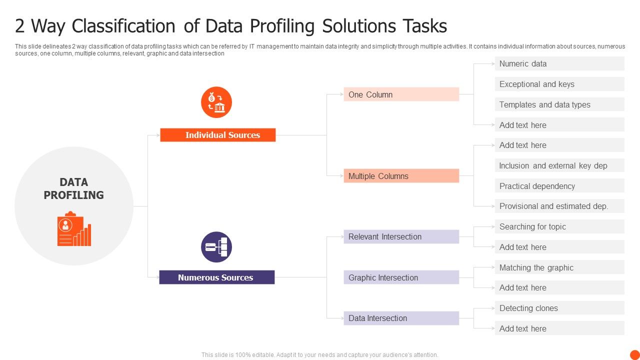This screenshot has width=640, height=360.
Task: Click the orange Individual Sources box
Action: (217, 135)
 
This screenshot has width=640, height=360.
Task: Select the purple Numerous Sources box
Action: (216, 277)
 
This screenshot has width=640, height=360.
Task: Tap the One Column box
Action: (401, 94)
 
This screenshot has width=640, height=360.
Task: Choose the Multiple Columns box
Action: (401, 176)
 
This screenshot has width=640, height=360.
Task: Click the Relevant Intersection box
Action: (401, 237)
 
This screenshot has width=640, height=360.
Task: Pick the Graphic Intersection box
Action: (401, 277)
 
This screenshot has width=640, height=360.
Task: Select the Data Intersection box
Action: (401, 318)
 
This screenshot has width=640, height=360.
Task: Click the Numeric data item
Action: (559, 63)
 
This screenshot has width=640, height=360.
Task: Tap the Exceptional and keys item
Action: (559, 84)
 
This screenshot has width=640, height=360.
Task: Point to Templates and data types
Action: (559, 104)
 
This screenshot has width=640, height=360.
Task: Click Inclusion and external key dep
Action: (559, 165)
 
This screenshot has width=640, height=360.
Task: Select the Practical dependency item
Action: (559, 186)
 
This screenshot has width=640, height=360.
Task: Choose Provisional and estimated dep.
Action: (559, 206)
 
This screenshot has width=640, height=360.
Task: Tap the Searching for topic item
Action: (559, 226)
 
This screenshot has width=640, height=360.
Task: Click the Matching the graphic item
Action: (559, 267)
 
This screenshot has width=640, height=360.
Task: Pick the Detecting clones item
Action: (559, 308)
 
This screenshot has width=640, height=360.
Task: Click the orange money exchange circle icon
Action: (216, 102)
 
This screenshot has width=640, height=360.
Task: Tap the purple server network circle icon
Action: (216, 247)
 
